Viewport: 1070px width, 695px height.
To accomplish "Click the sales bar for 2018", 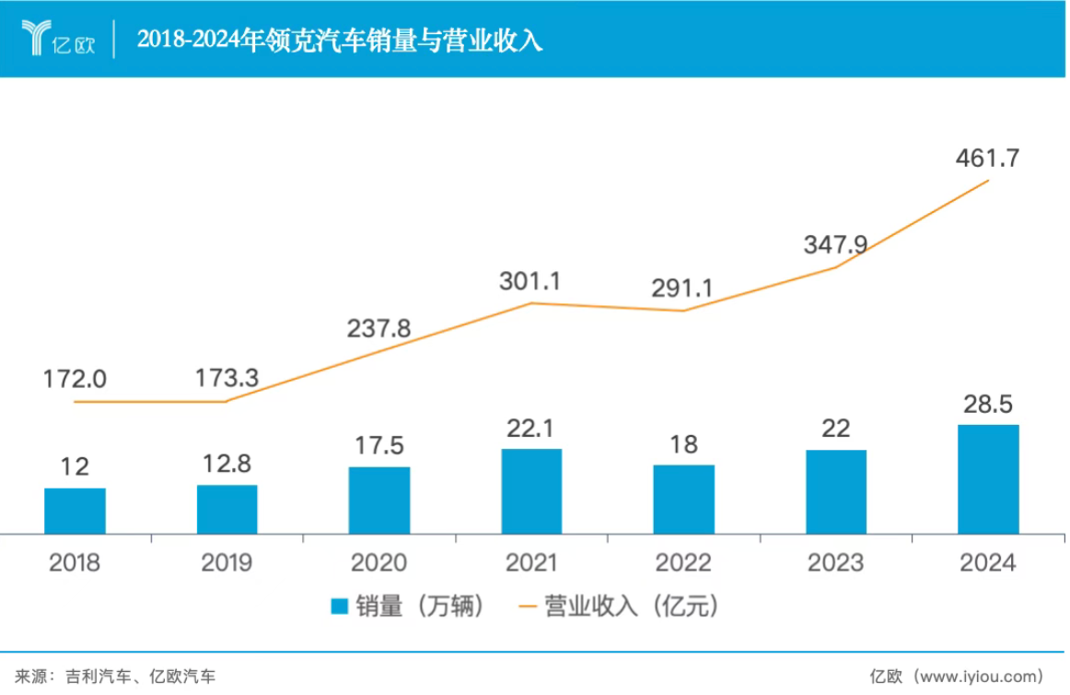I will pyautogui.click(x=75, y=511).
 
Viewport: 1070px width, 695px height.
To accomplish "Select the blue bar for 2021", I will pyautogui.click(x=531, y=491).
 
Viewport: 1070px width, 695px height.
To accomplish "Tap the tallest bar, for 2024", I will pyautogui.click(x=988, y=479).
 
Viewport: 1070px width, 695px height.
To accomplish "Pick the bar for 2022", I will pyautogui.click(x=683, y=499).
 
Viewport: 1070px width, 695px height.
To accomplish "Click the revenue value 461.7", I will pyautogui.click(x=988, y=158).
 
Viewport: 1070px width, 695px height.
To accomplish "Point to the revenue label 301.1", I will pyautogui.click(x=530, y=281).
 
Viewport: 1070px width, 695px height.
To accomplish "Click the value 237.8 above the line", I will pyautogui.click(x=378, y=328).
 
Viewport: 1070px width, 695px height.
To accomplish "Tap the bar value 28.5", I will pyautogui.click(x=988, y=405).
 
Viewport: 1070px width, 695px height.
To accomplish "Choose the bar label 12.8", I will pyautogui.click(x=227, y=465).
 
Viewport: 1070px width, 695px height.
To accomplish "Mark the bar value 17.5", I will pyautogui.click(x=378, y=446).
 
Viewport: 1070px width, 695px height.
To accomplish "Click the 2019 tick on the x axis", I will pyautogui.click(x=227, y=562).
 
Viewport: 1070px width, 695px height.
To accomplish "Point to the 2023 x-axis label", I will pyautogui.click(x=835, y=562).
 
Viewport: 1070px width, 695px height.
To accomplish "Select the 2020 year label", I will pyautogui.click(x=378, y=562).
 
